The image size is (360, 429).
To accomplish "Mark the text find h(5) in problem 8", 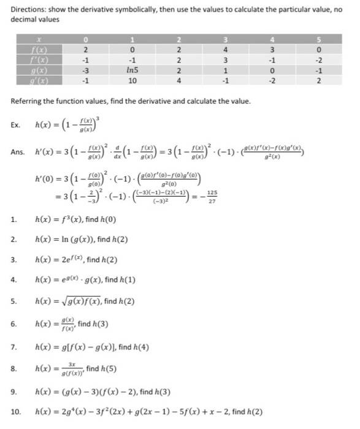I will [104, 370].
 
